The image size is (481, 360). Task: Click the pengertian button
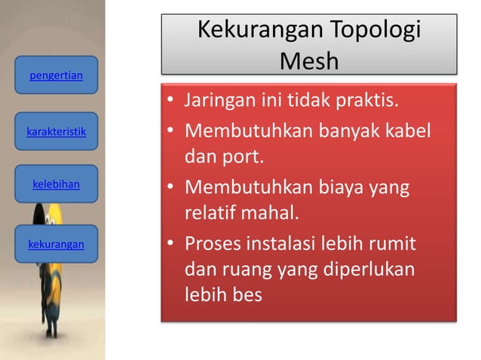pyautogui.click(x=56, y=75)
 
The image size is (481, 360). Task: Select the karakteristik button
pyautogui.click(x=56, y=133)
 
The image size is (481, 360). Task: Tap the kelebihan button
pyautogui.click(x=56, y=184)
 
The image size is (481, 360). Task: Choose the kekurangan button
pyautogui.click(x=56, y=244)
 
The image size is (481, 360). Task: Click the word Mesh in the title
pyautogui.click(x=308, y=60)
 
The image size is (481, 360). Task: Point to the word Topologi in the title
pyautogui.click(x=372, y=32)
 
